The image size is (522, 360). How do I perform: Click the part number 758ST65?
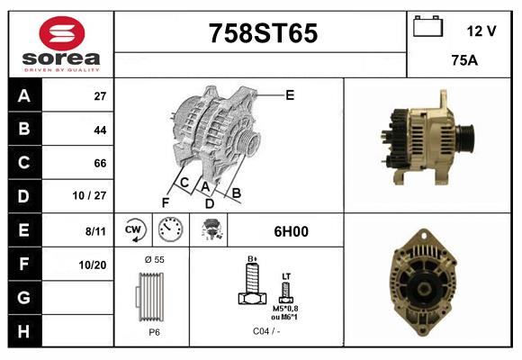(262, 33)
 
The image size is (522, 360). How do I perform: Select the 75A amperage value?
(463, 62)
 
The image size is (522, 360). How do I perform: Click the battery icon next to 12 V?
(426, 27)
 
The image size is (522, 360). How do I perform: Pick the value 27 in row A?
(100, 96)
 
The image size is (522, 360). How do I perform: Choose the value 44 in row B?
(100, 130)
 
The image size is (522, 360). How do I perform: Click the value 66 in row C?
(100, 163)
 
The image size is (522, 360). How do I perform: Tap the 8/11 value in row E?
(95, 230)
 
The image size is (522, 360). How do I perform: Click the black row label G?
(24, 297)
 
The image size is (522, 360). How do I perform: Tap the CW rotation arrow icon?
(135, 230)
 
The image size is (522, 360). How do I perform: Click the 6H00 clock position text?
(290, 231)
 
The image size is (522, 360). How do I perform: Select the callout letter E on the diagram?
(290, 94)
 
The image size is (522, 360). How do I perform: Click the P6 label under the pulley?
(154, 332)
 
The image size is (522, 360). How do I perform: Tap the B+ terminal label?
(253, 259)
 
